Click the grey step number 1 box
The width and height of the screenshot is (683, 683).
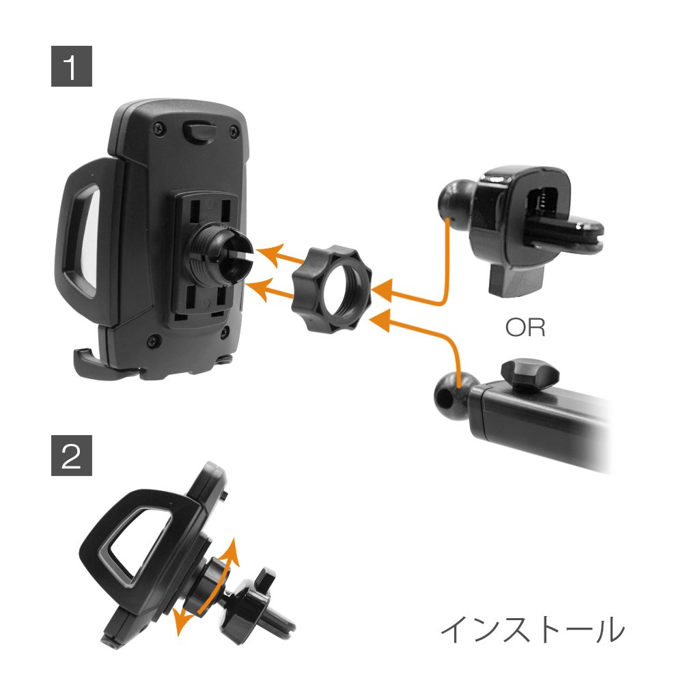pos(72,66)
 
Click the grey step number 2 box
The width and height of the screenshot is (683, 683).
pos(72,455)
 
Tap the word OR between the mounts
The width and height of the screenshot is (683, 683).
pos(525,328)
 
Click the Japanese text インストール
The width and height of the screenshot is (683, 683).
pos(533,630)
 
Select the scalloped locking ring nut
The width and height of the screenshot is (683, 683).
pos(332,289)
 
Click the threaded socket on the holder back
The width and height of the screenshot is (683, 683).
pos(221,256)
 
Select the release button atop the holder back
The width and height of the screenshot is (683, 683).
pos(200,132)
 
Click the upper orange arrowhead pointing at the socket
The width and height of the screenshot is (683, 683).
pos(266,254)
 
